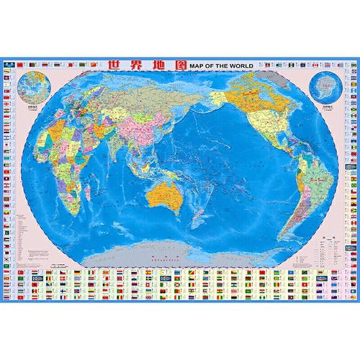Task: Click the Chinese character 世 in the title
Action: (114, 64)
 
